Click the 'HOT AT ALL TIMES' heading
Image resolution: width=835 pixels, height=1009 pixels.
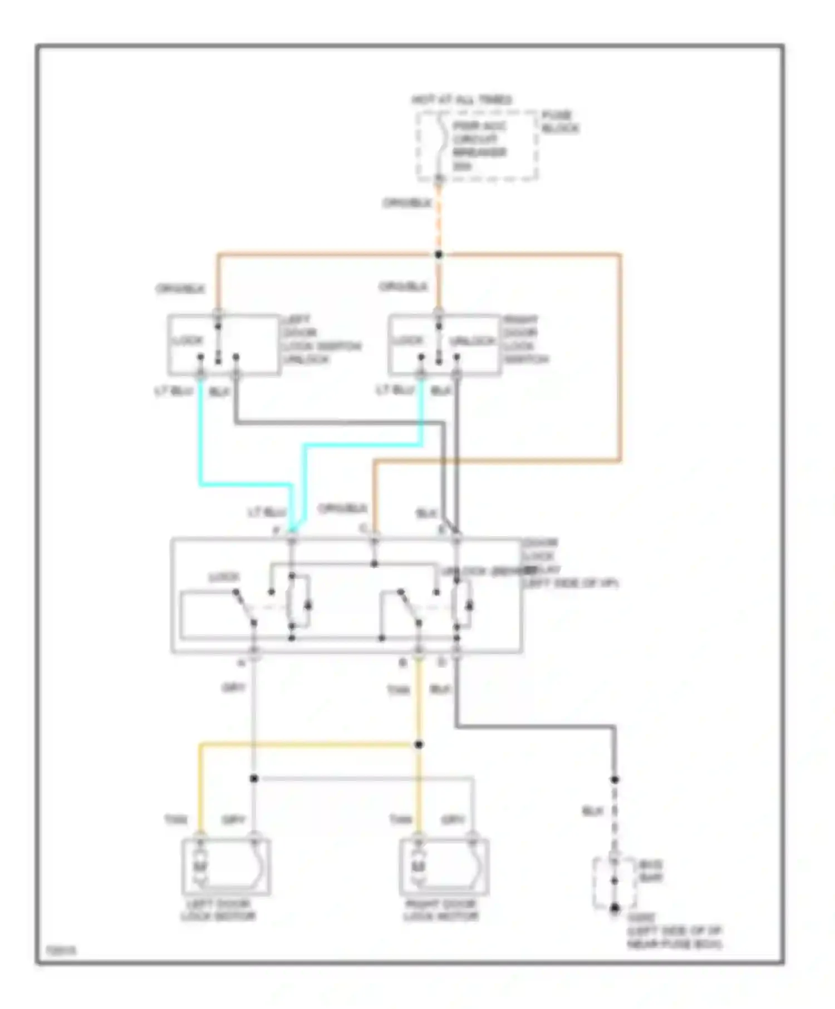461,100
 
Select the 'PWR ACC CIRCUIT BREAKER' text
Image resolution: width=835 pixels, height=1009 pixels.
479,146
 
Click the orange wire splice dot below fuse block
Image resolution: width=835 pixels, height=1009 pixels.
439,255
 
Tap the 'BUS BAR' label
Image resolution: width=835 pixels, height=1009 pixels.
650,872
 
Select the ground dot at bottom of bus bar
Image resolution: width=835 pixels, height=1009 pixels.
615,908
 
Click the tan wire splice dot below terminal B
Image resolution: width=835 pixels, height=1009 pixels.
419,745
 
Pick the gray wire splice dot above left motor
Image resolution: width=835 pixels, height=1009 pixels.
254,778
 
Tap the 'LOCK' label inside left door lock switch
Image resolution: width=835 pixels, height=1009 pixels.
189,340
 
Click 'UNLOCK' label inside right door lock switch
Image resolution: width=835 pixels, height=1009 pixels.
472,341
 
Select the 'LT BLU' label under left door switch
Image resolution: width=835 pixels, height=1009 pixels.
174,392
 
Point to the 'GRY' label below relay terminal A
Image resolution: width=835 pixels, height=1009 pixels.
233,688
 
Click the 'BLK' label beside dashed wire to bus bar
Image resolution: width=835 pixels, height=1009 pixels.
592,812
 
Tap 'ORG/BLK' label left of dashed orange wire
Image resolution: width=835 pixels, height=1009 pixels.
407,204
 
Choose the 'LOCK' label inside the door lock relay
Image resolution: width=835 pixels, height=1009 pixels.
224,577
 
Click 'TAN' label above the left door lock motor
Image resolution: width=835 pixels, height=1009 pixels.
175,820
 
